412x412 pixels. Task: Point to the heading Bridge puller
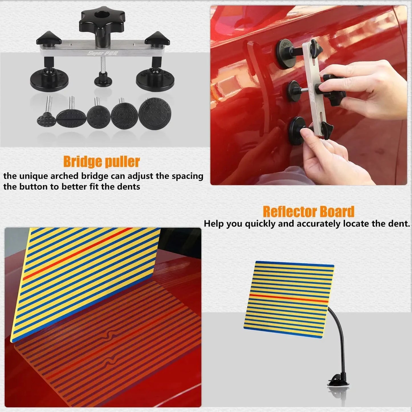pos(102,162)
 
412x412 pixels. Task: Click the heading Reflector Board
pos(309,212)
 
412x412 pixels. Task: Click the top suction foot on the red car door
pos(284,54)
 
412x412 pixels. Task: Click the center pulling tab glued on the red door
pos(293,91)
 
